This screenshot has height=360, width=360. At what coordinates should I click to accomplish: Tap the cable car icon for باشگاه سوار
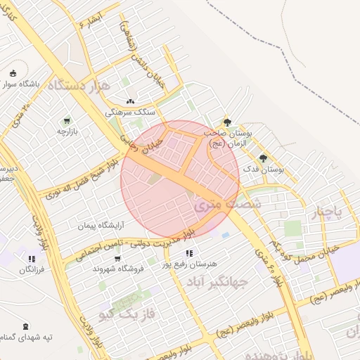pyautogui.click(x=13, y=72)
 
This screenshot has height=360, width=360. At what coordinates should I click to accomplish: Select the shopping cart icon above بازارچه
pyautogui.click(x=67, y=120)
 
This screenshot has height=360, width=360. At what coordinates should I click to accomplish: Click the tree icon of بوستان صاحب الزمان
pyautogui.click(x=226, y=122)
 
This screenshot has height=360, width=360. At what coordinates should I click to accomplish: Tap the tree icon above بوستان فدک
pyautogui.click(x=263, y=158)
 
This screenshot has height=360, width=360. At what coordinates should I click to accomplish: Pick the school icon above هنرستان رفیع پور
pyautogui.click(x=189, y=253)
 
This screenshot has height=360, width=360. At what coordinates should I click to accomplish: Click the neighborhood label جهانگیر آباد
pyautogui.click(x=218, y=283)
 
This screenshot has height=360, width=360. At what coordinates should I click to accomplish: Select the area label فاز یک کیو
pyautogui.click(x=127, y=310)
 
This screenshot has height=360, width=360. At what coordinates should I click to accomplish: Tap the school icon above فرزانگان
pyautogui.click(x=31, y=257)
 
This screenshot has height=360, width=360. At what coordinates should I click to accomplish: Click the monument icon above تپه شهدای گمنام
pyautogui.click(x=26, y=326)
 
